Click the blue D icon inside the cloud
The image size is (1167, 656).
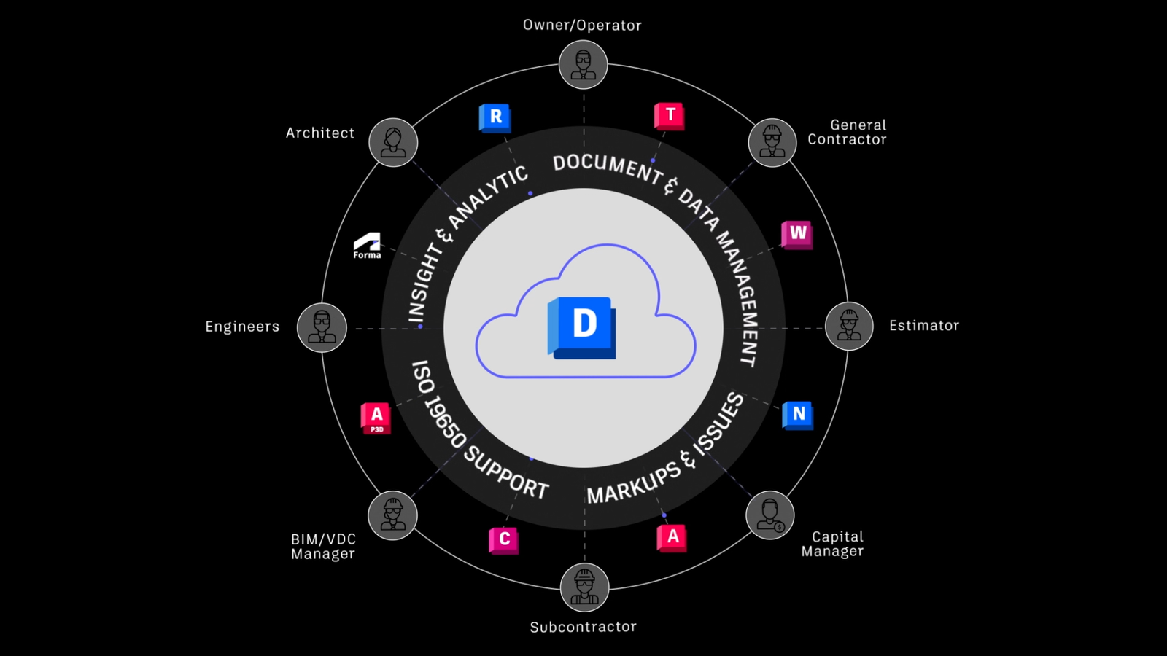pos(582,327)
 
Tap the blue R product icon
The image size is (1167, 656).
pos(495,117)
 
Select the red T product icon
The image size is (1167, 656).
pos(670,115)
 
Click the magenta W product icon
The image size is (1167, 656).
pos(797,234)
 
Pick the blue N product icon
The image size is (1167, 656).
pos(798,415)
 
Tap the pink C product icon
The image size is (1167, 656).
pos(504,540)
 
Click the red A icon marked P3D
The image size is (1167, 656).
pos(376,418)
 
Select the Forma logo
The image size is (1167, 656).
pos(367,246)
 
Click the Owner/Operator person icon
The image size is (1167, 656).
pos(583,65)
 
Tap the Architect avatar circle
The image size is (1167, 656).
pos(393,142)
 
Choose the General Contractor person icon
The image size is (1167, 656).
pos(772,142)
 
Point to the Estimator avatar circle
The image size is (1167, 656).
pos(849,326)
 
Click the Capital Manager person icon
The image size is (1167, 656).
pos(770,515)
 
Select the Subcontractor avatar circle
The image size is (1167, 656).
pos(584,587)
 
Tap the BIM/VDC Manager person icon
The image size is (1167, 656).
pos(393,515)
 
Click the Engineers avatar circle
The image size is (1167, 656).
pos(322,327)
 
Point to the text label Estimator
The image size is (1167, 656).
pos(923,326)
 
